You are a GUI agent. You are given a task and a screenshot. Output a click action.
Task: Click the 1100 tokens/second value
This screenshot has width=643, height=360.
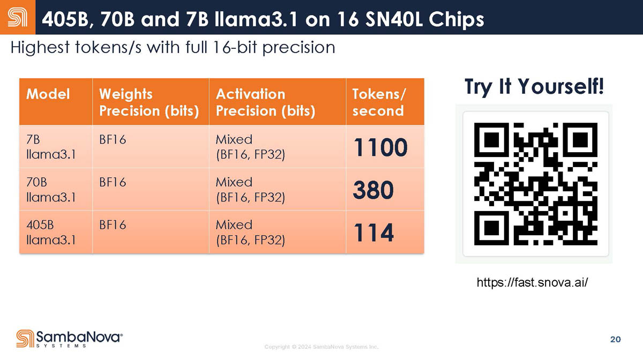coord(380,147)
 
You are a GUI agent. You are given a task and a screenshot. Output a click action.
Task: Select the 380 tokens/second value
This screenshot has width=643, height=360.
coord(373,190)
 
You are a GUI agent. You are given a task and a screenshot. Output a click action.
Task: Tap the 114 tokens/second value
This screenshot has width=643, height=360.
coord(373,232)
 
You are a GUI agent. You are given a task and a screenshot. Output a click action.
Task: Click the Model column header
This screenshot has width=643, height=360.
coord(48,94)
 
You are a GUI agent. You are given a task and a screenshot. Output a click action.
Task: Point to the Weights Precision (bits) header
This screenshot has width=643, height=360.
coord(149,102)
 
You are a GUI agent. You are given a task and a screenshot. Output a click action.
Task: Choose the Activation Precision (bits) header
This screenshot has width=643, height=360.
coord(266,102)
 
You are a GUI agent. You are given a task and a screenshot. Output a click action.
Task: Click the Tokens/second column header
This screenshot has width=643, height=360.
coord(379,102)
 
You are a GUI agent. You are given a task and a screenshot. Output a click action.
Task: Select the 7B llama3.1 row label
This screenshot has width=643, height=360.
coord(51,147)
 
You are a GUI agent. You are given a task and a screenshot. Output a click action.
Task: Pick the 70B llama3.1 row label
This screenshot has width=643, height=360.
coord(51,190)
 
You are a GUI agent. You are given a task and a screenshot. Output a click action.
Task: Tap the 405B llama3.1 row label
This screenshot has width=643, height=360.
coord(51,232)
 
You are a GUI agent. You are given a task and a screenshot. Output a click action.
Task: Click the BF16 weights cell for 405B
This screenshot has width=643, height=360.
coord(113,225)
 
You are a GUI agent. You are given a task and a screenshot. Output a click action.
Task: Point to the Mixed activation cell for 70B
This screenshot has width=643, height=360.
coord(250,190)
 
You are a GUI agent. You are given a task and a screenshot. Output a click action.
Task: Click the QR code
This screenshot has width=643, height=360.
coord(536,184)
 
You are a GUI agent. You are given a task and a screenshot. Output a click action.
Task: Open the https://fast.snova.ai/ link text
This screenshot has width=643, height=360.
coord(532,282)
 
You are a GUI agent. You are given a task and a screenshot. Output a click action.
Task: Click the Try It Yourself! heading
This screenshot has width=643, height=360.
coord(534,86)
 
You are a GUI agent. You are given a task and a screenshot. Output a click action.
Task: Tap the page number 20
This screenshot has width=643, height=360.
coord(616,339)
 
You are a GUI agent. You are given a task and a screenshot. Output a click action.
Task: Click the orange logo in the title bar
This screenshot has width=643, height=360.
coord(18,17)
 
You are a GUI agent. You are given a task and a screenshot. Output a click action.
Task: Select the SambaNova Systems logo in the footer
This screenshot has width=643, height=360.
coord(69,339)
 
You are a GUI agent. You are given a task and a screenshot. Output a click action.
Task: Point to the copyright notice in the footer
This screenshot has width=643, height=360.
coord(322,347)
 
